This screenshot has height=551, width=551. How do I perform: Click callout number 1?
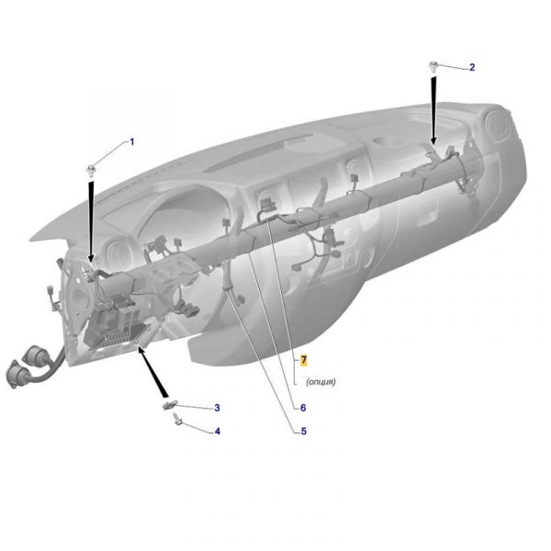tap(132, 142)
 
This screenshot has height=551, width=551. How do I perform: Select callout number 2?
tap(472, 67)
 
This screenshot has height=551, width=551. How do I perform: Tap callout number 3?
tap(217, 408)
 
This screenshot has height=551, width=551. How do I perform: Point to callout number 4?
tap(217, 432)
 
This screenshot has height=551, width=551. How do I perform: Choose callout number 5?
tap(304, 432)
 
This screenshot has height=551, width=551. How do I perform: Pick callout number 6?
tap(303, 408)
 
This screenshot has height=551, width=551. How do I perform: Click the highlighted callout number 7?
tap(304, 360)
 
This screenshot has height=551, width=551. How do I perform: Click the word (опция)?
tap(320, 381)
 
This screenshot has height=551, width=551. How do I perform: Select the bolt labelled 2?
tap(433, 67)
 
